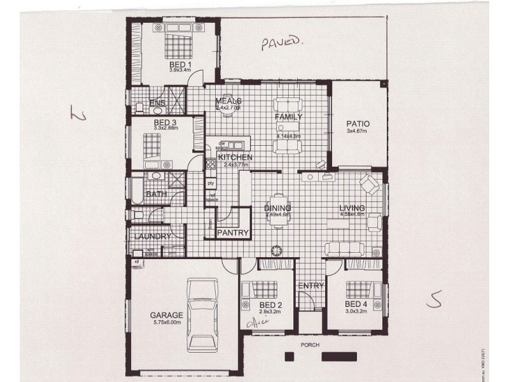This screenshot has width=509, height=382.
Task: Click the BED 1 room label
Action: [x=180, y=65]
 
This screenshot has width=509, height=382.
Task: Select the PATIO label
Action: [x=358, y=124]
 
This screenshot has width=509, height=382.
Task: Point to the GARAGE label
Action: [x=167, y=315]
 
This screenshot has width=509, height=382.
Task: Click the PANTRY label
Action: [x=233, y=233]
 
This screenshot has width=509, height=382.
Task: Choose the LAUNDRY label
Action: [x=152, y=237]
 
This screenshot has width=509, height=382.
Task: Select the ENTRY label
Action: [x=311, y=286]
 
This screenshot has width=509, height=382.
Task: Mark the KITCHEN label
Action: [x=235, y=157]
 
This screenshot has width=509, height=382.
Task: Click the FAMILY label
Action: [x=288, y=117]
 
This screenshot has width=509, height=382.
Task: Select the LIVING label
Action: [x=352, y=208]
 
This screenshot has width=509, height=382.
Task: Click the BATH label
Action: [x=157, y=194]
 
